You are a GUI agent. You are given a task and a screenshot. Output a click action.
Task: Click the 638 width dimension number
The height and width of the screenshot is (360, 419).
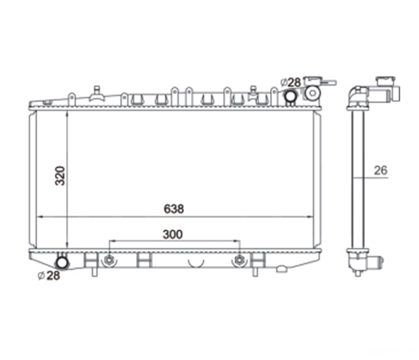pos(174,209)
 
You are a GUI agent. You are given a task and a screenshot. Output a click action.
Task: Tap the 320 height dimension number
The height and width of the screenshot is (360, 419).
pos(60,176)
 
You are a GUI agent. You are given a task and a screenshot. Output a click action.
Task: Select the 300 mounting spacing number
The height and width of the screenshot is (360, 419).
pos(173,234)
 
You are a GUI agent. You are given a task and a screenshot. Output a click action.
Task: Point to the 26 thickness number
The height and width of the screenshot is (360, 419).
pos(381,171)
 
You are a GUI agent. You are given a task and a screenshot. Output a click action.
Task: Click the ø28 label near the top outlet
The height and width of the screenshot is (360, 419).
pos(291,83)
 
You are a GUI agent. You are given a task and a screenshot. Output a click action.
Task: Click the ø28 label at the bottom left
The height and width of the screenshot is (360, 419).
pos(49,276)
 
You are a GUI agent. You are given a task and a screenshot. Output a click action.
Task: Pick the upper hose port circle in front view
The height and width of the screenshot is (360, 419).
pos(290,96)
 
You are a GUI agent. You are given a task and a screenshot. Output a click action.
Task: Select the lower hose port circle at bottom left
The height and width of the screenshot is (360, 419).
pos(62,263)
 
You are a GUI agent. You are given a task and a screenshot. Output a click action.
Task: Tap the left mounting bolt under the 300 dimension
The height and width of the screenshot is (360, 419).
pos(109,260)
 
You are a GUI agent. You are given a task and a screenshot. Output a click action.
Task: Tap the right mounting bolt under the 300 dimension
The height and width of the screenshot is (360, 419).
pos(239,260)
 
